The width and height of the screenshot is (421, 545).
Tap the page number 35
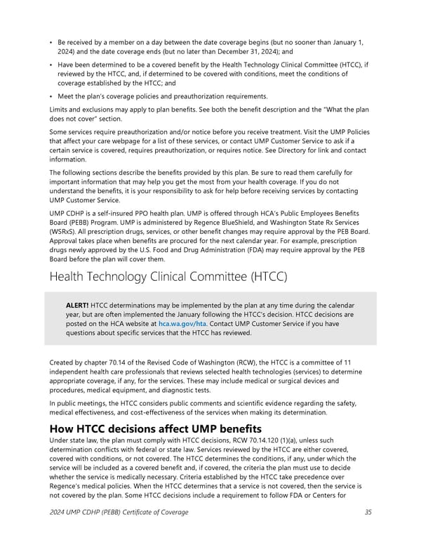pos(368,532)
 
